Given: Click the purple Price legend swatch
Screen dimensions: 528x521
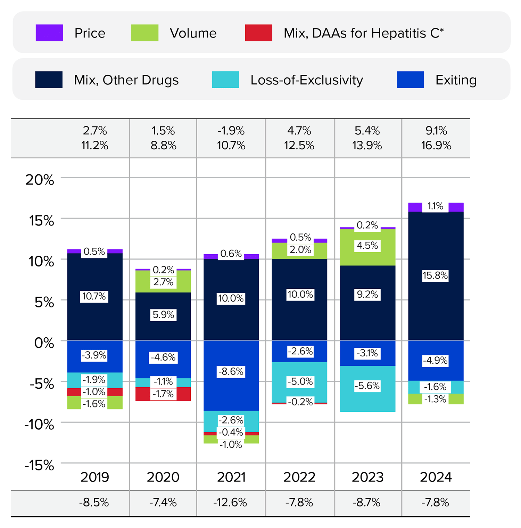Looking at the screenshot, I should coord(49,33).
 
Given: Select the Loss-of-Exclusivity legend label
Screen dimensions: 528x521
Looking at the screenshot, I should coord(307,80).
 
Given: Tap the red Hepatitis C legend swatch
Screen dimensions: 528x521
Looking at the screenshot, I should coord(258,33).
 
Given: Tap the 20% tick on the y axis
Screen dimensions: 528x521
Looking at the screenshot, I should coord(40,180).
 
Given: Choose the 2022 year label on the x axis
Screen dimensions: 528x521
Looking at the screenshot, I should coord(299,477).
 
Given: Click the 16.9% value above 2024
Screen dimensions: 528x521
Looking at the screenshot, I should coord(436,146).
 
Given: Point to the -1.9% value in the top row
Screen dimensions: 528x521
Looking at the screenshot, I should coord(231,131).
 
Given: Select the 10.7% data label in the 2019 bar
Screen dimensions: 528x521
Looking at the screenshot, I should coord(94,297).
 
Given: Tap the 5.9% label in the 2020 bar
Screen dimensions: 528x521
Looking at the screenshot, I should coord(163,315).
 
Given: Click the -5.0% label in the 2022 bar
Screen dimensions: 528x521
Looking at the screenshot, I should coord(300,382).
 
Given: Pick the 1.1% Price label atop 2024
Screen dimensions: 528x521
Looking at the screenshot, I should coord(435,206).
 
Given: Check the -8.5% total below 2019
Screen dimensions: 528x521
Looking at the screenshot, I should coord(94,503).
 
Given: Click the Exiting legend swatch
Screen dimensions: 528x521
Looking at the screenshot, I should coord(410,80).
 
